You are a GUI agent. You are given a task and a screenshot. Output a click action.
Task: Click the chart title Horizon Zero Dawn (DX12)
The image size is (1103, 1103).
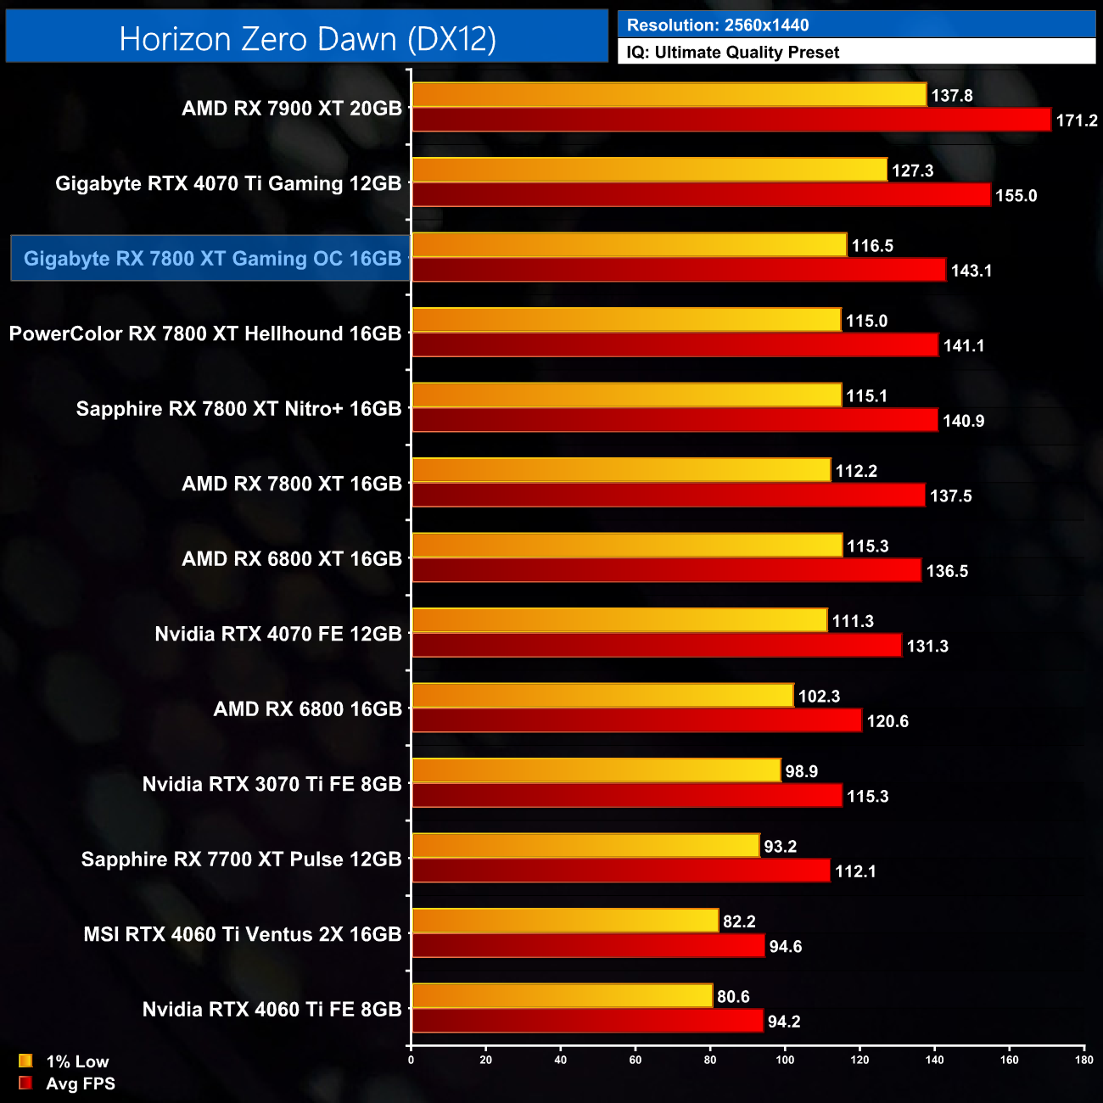307,39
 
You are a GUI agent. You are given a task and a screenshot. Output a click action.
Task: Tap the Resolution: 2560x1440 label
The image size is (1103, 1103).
718,25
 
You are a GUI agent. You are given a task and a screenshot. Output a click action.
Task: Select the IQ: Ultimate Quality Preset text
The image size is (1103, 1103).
733,53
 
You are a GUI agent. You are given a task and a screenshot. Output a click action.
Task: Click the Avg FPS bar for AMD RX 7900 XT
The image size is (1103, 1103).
731,120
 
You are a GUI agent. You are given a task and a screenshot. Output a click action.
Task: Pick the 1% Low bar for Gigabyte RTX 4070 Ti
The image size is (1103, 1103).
649,170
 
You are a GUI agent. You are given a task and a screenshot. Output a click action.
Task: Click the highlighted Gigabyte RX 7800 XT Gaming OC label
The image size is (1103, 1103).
211,259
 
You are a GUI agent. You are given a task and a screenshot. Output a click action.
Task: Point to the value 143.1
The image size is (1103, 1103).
971,271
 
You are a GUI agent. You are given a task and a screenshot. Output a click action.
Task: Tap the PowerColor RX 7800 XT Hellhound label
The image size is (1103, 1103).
205,333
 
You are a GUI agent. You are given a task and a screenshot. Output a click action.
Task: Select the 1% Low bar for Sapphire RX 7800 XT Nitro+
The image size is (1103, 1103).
626,395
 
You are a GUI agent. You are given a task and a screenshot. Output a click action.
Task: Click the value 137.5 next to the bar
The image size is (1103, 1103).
951,496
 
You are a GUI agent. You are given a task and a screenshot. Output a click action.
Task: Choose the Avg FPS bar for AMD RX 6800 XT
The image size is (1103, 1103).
666,571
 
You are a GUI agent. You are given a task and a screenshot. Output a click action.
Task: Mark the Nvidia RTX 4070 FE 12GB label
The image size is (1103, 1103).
278,634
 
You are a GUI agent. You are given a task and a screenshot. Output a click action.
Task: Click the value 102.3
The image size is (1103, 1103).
819,697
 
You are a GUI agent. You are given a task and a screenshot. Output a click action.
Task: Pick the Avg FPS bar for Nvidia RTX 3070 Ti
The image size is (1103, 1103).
626,796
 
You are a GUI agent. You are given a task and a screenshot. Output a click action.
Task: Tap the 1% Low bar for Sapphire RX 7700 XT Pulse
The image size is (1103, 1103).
585,846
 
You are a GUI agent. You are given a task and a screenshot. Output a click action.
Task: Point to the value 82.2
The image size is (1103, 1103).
739,921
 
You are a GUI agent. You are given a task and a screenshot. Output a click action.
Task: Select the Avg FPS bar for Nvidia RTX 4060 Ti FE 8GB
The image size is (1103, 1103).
587,1022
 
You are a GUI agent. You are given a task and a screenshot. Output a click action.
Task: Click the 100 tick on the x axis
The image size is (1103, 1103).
785,1060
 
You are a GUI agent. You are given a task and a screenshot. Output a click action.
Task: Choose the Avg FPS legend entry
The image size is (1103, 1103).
67,1083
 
